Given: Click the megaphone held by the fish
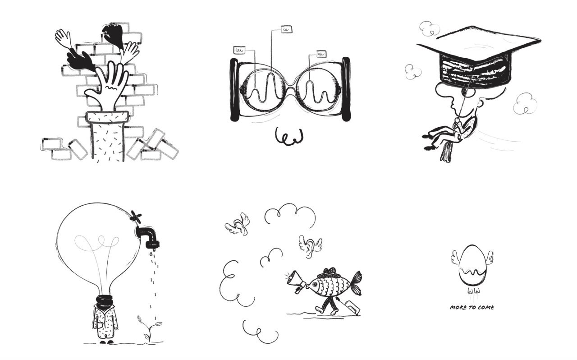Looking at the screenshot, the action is (297, 282).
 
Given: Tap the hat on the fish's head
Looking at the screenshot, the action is (330, 272).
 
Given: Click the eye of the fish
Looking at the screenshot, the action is (315, 284).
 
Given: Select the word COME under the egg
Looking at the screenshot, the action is (485, 307).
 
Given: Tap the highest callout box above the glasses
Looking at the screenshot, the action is (286, 29).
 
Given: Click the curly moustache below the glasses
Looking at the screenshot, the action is (289, 136).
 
